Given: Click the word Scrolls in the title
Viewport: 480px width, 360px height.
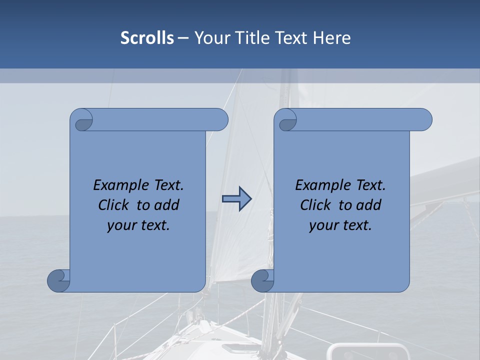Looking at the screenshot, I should (147, 38).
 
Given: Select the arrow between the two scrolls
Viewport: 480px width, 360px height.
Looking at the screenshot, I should (236, 199).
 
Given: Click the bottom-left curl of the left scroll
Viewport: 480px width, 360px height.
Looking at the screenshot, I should (58, 280).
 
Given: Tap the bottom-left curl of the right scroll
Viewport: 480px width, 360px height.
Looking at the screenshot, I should (262, 280).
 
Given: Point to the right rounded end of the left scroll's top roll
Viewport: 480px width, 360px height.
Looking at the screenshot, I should (220, 120).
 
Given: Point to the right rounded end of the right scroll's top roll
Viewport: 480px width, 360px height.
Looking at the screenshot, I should (424, 120).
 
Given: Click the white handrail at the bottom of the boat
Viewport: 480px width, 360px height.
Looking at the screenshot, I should (370, 346).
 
